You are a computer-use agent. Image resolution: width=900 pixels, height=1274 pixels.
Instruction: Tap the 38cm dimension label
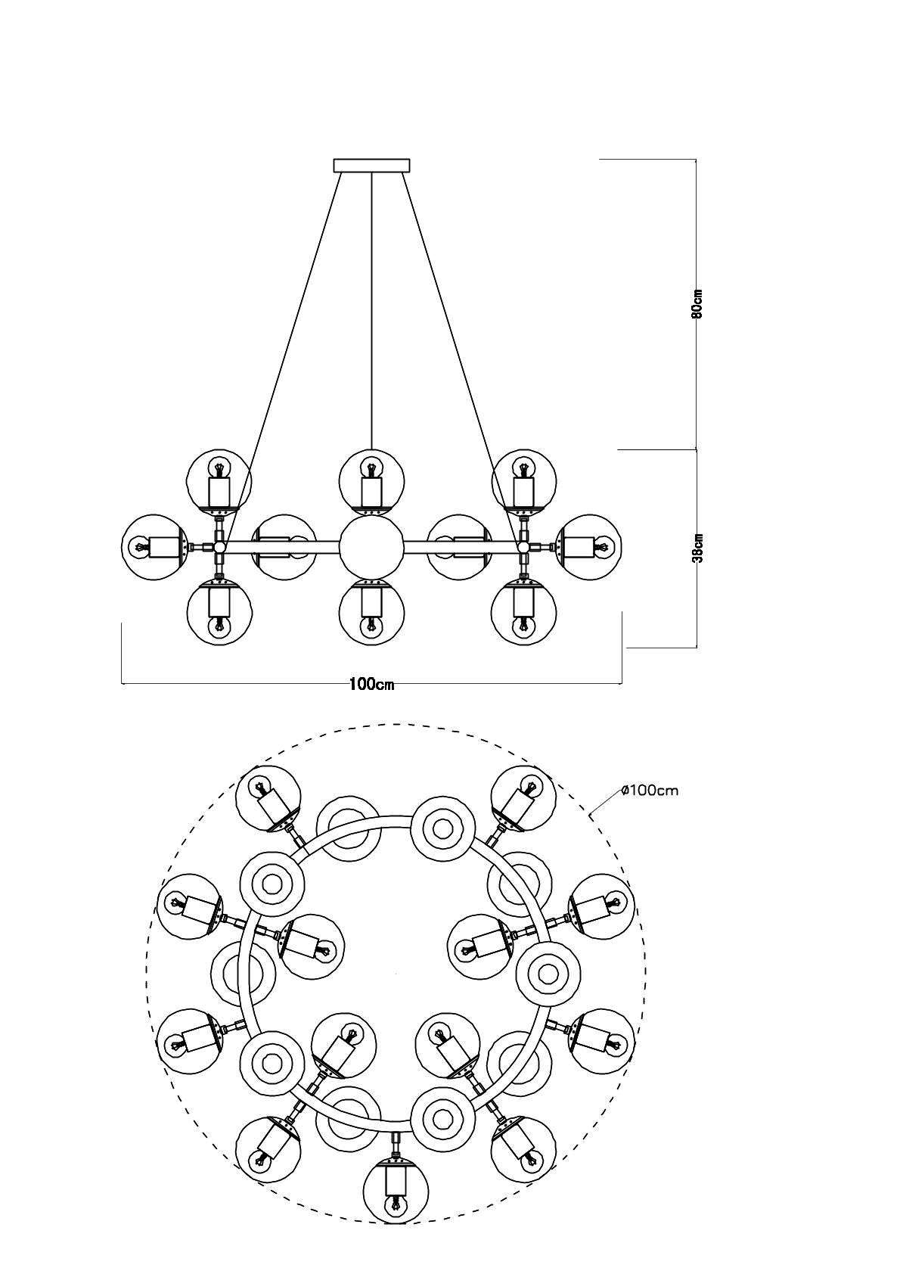click(699, 548)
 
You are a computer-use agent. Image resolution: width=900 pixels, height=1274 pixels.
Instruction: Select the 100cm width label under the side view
click(372, 684)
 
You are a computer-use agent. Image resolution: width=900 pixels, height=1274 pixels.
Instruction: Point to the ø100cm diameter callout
click(650, 791)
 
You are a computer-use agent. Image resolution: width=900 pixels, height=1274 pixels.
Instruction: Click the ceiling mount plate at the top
click(371, 165)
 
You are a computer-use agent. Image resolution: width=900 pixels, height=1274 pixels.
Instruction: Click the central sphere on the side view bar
click(371, 547)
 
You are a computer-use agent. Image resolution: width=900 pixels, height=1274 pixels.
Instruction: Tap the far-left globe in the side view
click(154, 547)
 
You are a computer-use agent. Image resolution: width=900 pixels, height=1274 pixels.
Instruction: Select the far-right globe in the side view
click(588, 547)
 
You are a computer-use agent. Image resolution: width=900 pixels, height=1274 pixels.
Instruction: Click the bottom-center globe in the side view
click(371, 613)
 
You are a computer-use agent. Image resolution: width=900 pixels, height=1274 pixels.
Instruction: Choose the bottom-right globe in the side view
click(523, 613)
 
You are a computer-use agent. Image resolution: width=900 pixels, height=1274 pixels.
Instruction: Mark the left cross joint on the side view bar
click(219, 547)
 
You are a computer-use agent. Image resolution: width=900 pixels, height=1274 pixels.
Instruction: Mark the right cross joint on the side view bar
click(523, 547)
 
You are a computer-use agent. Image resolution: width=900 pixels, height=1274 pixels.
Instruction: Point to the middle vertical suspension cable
click(371, 310)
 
